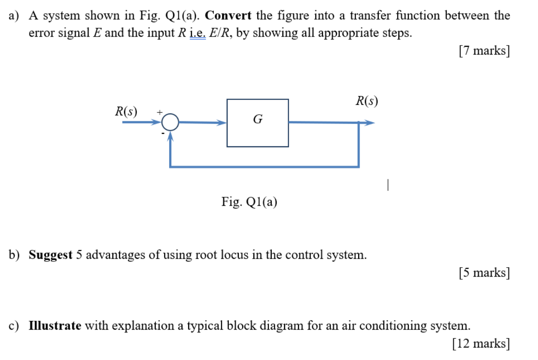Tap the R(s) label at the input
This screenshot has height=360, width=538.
tap(126, 111)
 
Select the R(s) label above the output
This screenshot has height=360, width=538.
tap(367, 101)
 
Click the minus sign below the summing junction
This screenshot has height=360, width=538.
tap(163, 132)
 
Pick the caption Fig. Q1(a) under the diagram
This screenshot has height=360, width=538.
tap(249, 202)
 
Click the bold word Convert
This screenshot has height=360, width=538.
tap(228, 16)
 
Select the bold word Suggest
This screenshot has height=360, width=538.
tap(50, 255)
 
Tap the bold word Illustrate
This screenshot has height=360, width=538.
tap(55, 326)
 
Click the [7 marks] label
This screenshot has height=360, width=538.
tap(484, 50)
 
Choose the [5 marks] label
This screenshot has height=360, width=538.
tap(484, 272)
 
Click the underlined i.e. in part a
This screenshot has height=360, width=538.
tap(198, 33)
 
